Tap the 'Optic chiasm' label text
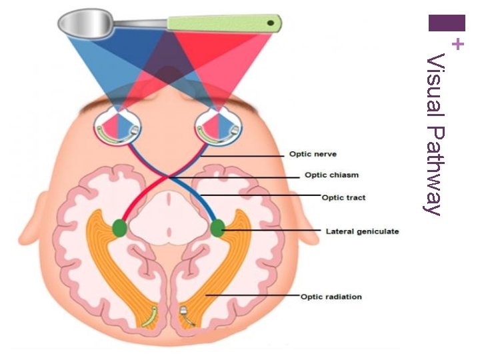coord(331,175)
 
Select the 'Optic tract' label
coord(343,197)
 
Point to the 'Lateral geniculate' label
coord(362,231)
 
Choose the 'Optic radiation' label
coord(331,296)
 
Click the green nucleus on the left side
coord(120,229)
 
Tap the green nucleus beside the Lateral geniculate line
coord(218,229)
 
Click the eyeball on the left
coord(117,127)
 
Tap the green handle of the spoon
coord(223,23)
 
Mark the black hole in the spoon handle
coord(271,23)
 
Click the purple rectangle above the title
coord(447,23)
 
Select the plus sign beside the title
coord(457,45)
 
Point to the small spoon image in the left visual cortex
coord(150,313)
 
